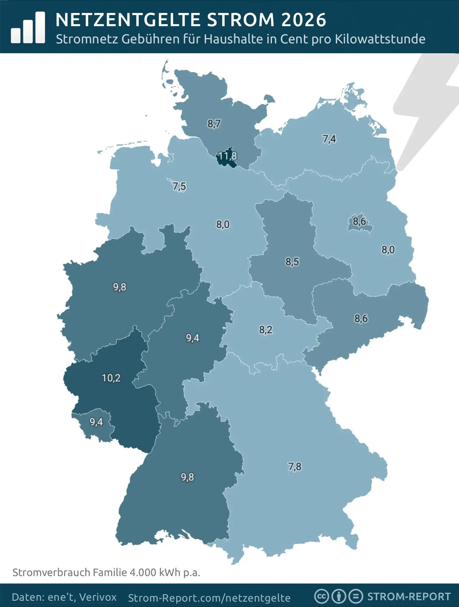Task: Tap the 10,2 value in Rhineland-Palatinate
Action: point(111,378)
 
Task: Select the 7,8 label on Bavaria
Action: point(295,466)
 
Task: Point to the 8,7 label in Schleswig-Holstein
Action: point(214,123)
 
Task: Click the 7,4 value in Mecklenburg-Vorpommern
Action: point(329,139)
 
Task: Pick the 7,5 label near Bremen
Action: point(179,186)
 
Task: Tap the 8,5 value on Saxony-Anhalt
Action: point(292,262)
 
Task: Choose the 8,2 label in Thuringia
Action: point(266,330)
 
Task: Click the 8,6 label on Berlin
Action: point(359,221)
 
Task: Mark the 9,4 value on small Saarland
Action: point(96,422)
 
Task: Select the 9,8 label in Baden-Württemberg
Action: point(187,477)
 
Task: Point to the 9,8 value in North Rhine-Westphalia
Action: point(120,287)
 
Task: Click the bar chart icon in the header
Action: point(28,27)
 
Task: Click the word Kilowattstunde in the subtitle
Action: point(380,39)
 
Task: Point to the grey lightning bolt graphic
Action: point(425,113)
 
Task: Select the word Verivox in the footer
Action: point(98,597)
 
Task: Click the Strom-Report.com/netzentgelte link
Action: point(209,598)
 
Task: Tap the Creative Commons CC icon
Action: point(321,597)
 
